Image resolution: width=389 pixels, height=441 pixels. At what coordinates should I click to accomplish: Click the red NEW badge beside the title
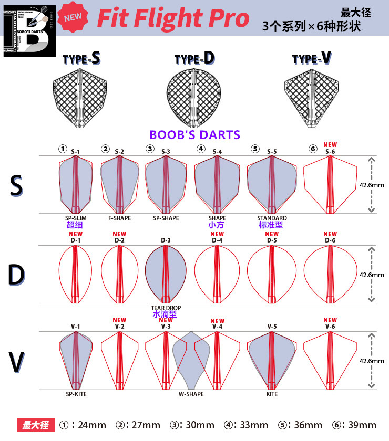73,17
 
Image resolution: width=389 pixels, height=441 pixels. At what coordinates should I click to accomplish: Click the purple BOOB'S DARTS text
194,135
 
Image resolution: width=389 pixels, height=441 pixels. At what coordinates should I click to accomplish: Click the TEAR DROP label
166,308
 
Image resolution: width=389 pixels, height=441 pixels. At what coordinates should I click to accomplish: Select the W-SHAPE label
191,394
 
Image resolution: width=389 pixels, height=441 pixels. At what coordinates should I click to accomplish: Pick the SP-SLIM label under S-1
75,218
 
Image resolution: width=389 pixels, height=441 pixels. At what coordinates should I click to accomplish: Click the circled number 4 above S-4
201,149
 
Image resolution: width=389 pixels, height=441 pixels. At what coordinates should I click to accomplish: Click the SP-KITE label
76,394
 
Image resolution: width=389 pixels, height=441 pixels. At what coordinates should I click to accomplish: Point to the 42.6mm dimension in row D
371,274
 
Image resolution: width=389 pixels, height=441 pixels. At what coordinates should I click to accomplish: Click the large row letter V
17,362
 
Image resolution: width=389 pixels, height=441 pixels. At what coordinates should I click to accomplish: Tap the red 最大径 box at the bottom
35,425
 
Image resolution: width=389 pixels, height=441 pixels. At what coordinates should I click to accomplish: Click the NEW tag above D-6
330,234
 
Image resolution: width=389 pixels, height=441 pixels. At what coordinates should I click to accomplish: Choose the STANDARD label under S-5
272,218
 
